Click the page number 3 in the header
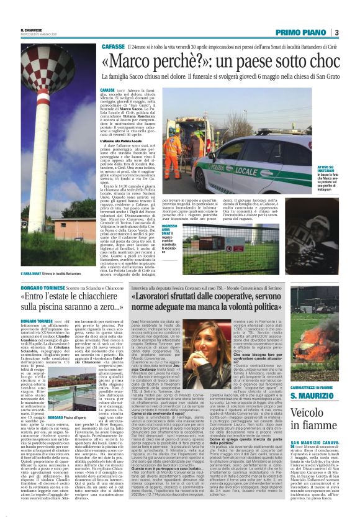336,32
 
